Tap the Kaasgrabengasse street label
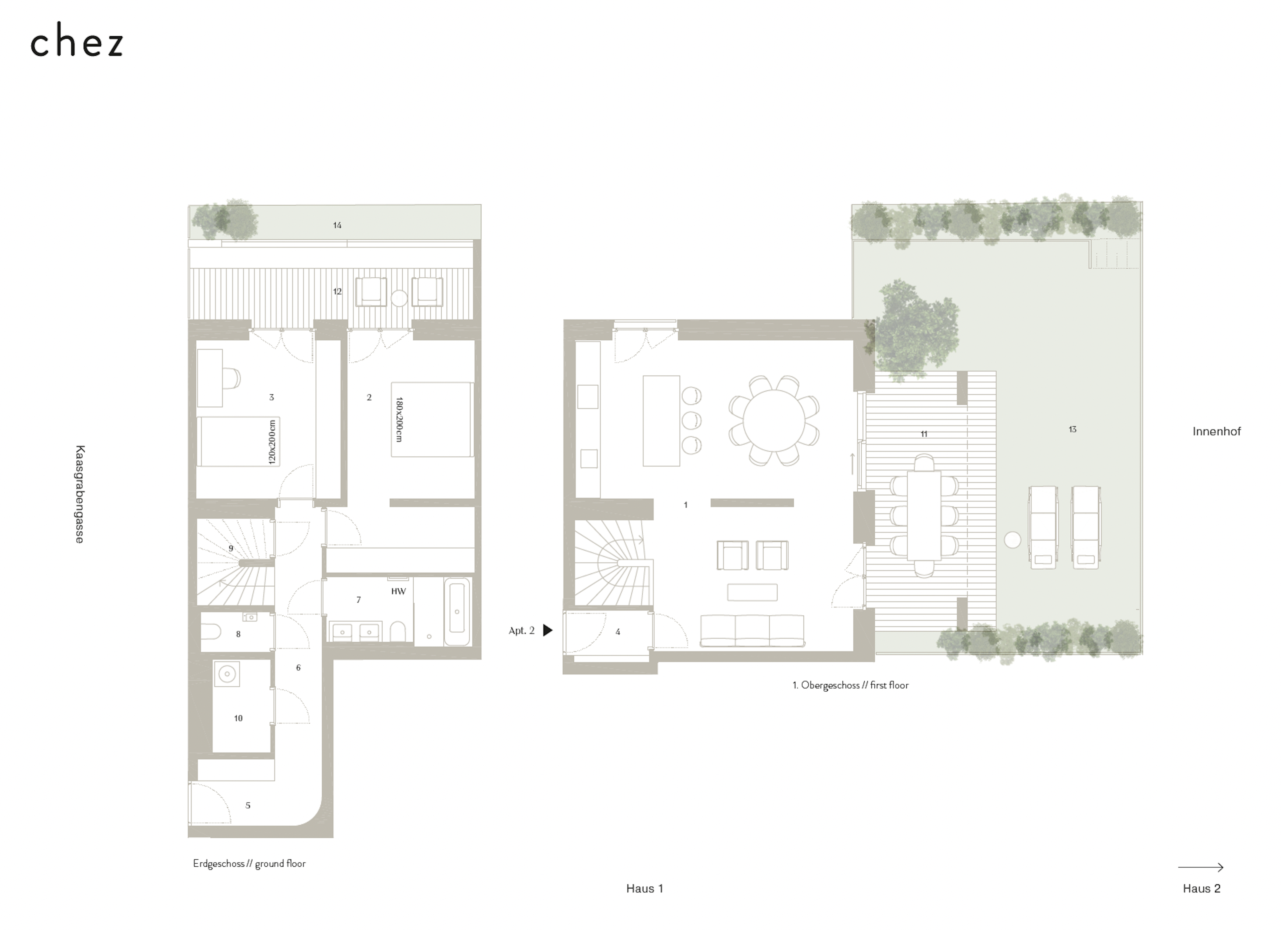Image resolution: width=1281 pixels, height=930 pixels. coord(80,494)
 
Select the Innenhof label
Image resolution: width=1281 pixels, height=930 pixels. coord(1217,431)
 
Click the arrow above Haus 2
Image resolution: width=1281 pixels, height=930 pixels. coord(1200,867)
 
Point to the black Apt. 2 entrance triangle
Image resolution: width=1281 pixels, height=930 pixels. coord(547,630)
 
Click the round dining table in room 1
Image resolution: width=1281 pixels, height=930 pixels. coord(774,421)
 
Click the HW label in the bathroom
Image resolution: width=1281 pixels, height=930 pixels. coord(398,591)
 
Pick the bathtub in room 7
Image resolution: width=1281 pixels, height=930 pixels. coord(457,612)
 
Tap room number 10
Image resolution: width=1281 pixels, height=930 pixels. coord(238,718)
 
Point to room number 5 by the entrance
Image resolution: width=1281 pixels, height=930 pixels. coord(248,805)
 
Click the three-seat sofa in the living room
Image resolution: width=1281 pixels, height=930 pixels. coord(752,630)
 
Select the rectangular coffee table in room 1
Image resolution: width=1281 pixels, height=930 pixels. coord(752,592)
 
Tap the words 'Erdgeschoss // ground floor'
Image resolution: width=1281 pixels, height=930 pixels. coord(249,863)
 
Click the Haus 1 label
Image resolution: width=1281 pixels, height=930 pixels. coord(645,888)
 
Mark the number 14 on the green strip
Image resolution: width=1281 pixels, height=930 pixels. coord(337,225)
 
